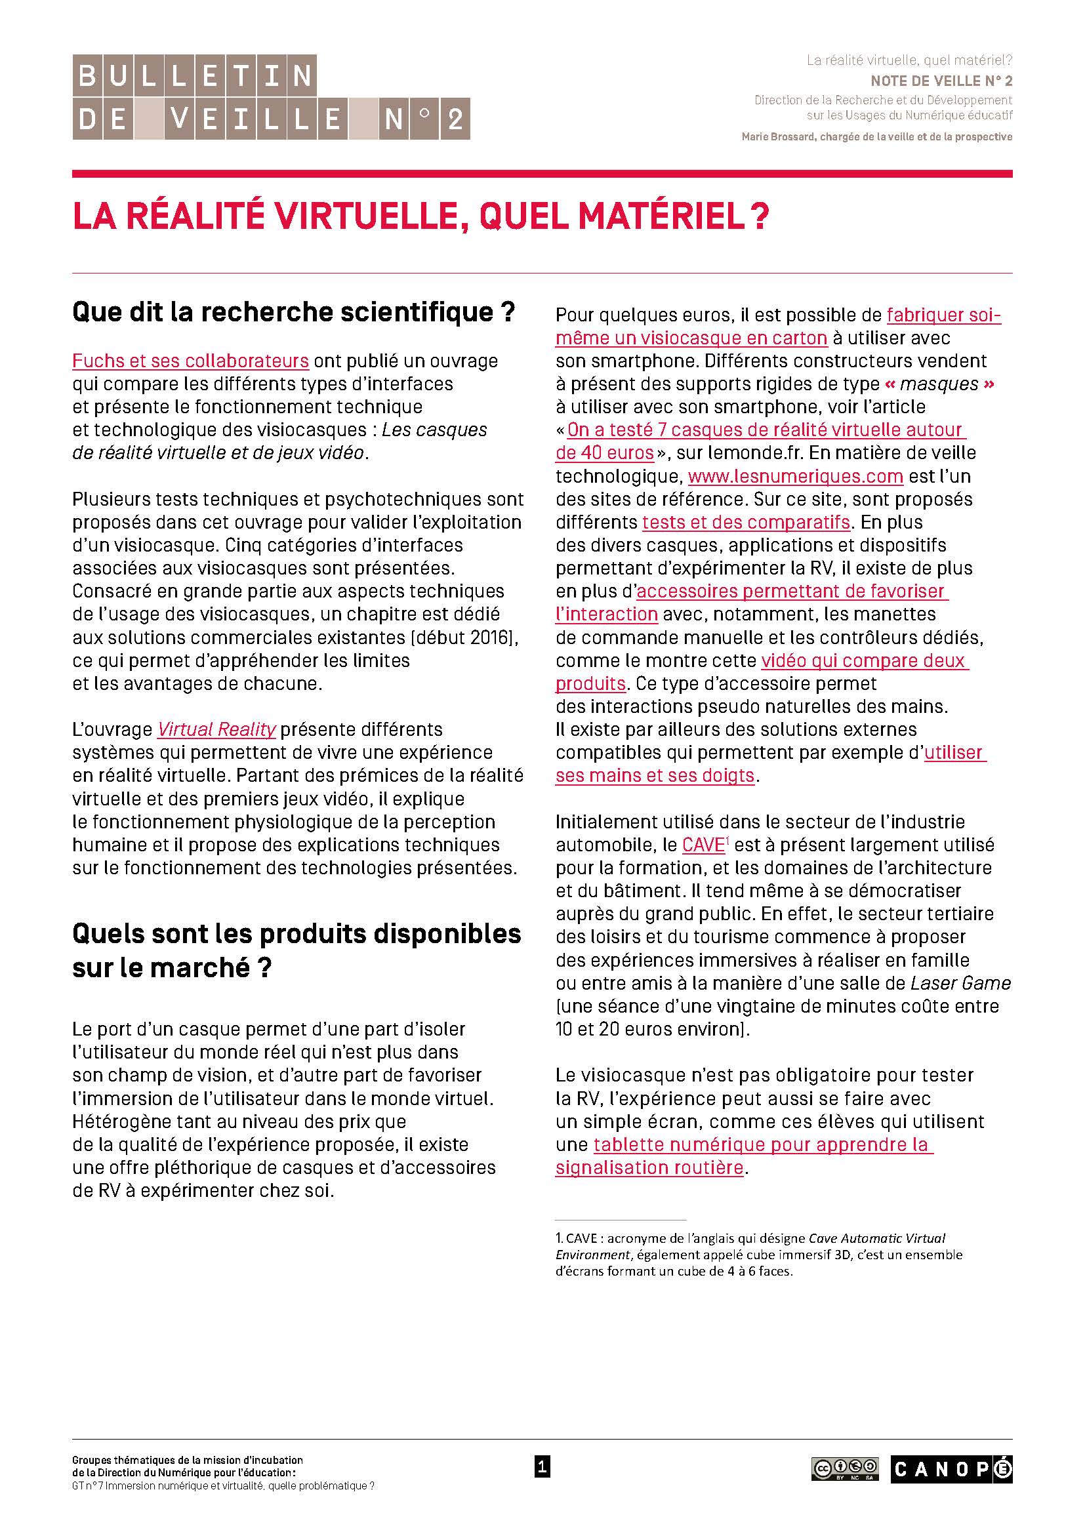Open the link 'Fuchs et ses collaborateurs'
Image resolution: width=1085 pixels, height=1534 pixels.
coord(190,361)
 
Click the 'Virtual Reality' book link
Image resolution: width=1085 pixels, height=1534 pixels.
coord(216,729)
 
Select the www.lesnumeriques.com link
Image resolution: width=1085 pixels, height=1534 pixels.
coord(795,476)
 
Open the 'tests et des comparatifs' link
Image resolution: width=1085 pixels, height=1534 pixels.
coord(746,522)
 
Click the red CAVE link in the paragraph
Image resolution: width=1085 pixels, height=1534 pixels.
coord(703,845)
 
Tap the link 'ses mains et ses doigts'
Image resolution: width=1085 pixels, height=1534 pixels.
coord(655,776)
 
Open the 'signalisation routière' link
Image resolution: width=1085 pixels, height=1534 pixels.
coord(649,1167)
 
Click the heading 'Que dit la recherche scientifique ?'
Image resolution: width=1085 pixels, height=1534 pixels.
coord(293,312)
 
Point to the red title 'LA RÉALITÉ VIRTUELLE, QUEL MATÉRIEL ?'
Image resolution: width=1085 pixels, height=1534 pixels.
coord(421,216)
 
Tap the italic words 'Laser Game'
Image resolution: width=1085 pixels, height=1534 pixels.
coord(961,983)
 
